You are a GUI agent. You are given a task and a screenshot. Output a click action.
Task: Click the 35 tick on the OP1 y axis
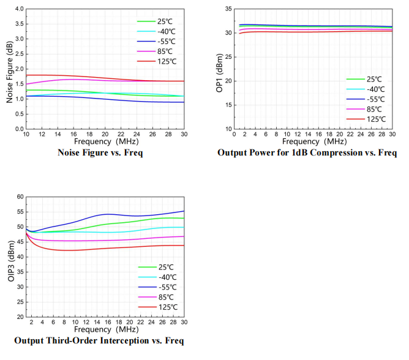pos(228,9)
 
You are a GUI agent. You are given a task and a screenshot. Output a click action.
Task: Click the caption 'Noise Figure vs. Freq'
pos(100,152)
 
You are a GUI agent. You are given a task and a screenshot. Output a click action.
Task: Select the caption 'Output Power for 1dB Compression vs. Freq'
pos(307,152)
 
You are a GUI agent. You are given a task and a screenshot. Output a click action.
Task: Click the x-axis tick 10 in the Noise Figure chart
pos(25,134)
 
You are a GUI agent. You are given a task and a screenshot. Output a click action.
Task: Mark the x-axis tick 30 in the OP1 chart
pos(392,134)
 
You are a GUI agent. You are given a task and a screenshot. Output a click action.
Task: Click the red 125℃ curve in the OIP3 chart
pos(92,249)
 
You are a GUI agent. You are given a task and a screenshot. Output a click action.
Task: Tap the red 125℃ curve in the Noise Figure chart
pos(73,75)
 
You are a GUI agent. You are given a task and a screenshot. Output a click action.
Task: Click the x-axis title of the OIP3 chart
pos(105,329)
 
